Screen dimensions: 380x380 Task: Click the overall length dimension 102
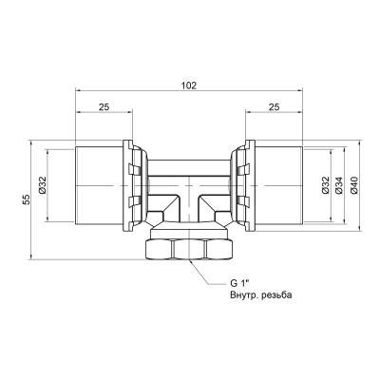tap(189, 85)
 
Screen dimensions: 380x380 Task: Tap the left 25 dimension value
tap(104, 107)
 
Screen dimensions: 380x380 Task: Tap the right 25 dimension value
tap(275, 107)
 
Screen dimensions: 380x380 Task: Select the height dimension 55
tap(28, 199)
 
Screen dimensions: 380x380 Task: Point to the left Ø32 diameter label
tap(43, 185)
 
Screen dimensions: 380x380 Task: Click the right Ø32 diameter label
tap(327, 185)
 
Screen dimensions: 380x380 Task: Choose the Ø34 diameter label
tap(339, 185)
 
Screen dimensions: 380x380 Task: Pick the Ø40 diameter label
tap(354, 185)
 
